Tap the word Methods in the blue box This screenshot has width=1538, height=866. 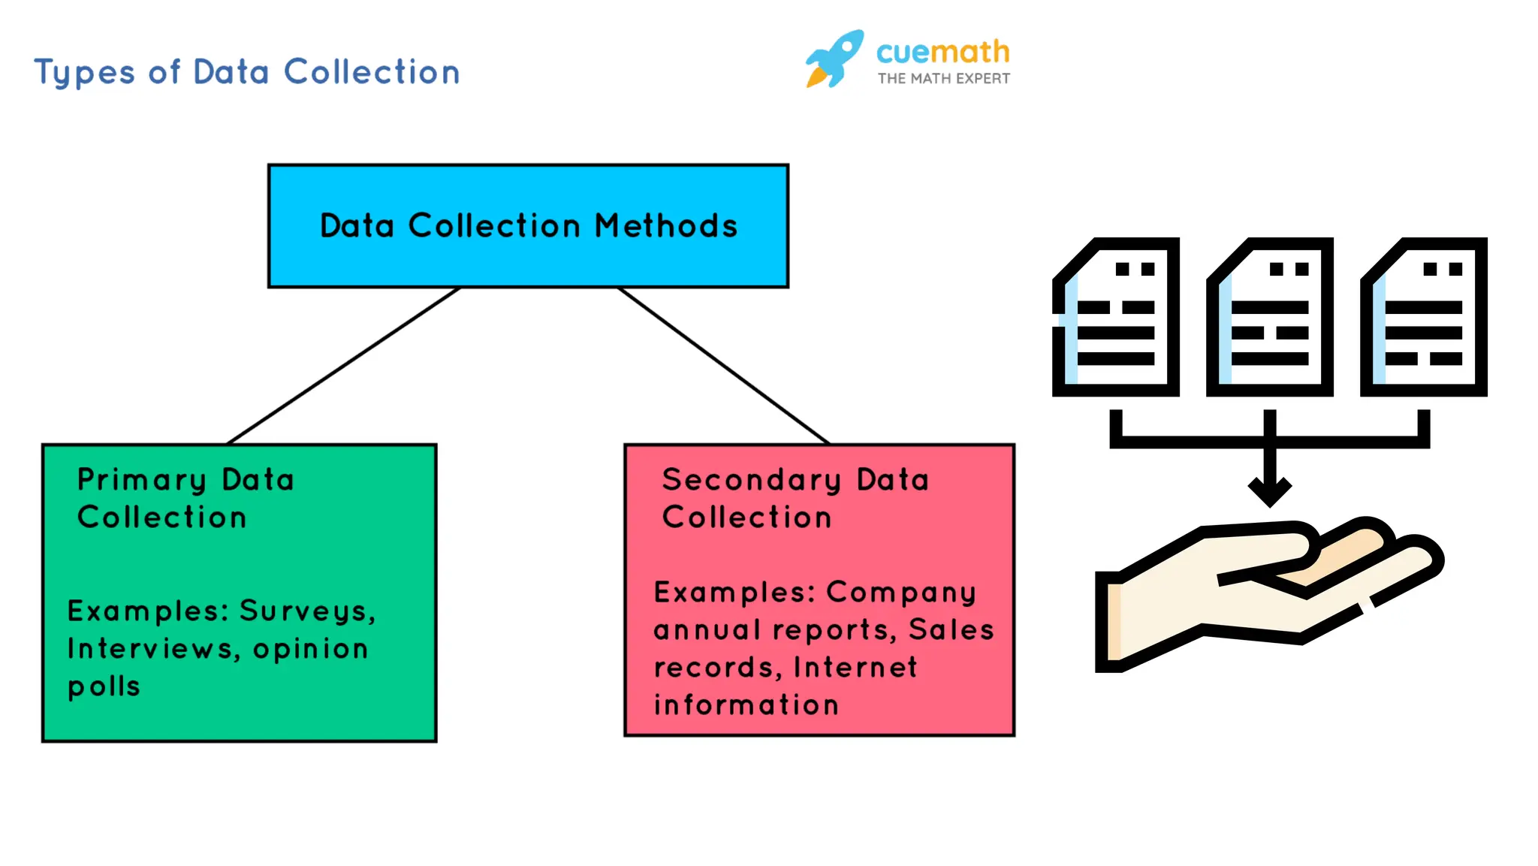666,226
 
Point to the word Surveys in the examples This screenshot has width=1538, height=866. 306,611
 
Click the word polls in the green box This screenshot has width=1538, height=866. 104,686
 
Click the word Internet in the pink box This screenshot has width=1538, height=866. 855,668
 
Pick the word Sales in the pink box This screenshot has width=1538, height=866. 951,630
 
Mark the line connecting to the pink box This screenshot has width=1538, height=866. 723,366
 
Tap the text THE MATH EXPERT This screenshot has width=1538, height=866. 943,79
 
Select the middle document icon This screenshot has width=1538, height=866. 1270,317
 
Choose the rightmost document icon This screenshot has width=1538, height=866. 1424,317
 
